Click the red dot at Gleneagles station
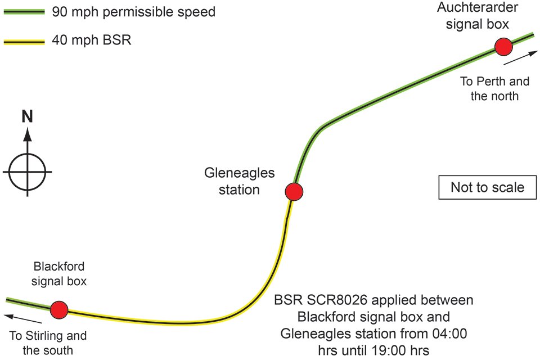point(294,192)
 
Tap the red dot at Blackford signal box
point(59,310)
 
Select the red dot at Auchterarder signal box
point(503,47)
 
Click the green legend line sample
point(24,12)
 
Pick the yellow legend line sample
point(24,42)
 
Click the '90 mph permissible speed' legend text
point(134,12)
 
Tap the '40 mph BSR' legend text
point(92,40)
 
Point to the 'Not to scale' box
point(487,187)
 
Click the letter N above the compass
point(27,116)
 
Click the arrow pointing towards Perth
point(520,57)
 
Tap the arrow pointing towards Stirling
point(22,319)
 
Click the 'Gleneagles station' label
point(240,181)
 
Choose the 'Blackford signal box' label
point(59,274)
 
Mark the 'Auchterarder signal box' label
point(478,16)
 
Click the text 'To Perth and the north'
point(494,88)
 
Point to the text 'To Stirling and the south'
point(48,343)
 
